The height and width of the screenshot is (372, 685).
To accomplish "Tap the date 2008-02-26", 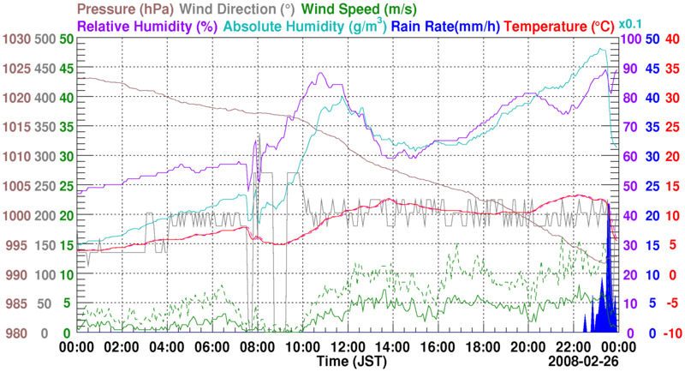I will click(x=583, y=363).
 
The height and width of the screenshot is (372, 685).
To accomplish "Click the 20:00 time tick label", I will click(x=527, y=347).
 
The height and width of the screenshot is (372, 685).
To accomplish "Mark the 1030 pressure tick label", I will click(x=15, y=39).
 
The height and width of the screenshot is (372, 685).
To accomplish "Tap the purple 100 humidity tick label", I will click(x=632, y=39).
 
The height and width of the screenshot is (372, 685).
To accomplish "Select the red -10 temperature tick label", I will click(x=672, y=333).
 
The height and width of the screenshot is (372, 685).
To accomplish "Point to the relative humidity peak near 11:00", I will click(x=319, y=74).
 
